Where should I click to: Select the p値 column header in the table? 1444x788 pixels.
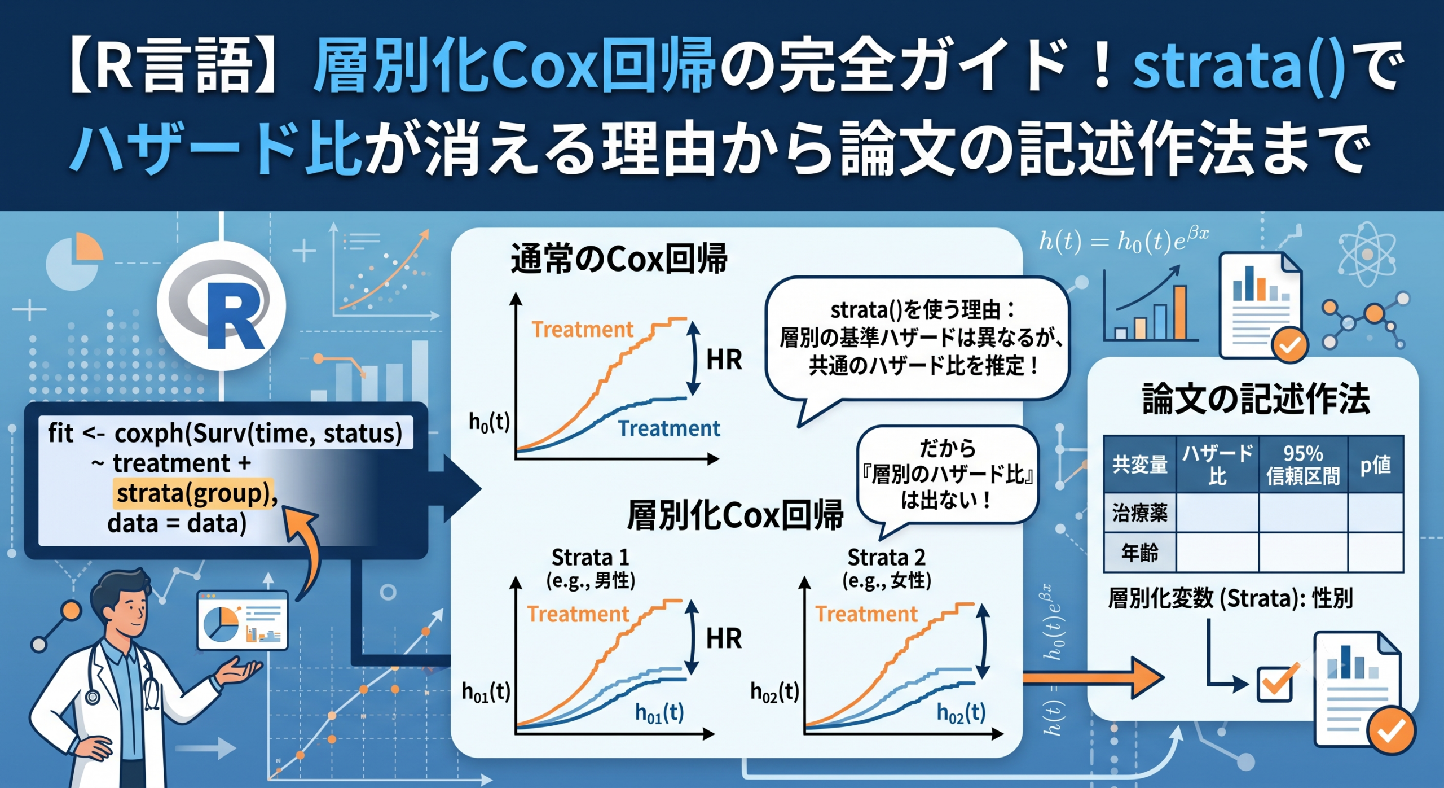(1375, 465)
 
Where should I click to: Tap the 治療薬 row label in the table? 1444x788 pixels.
(1139, 513)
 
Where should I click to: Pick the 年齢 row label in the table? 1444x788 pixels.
(1139, 552)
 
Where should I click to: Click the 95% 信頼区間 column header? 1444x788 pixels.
(1303, 465)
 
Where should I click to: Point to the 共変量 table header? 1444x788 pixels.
(1139, 465)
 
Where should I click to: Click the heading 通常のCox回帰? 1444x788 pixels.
(619, 259)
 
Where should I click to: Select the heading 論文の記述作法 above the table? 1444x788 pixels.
(1256, 399)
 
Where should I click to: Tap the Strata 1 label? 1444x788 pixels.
(590, 558)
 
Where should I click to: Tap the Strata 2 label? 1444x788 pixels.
(886, 558)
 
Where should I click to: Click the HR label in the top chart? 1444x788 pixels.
(724, 360)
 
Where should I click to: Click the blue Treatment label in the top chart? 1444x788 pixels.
(669, 428)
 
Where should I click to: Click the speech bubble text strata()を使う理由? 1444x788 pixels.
(923, 310)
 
